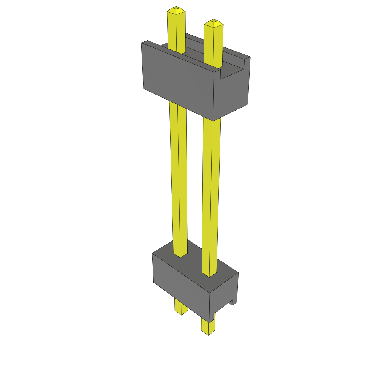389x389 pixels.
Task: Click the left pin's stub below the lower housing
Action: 181,307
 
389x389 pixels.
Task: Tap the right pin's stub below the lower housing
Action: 208,327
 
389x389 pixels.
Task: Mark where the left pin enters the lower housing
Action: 180,255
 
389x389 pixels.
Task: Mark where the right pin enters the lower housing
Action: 209,274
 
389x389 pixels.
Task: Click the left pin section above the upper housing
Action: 176,30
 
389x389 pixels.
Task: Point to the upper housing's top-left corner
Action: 142,43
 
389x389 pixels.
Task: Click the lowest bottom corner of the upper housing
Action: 213,121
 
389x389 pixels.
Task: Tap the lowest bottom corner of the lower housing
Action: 209,323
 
